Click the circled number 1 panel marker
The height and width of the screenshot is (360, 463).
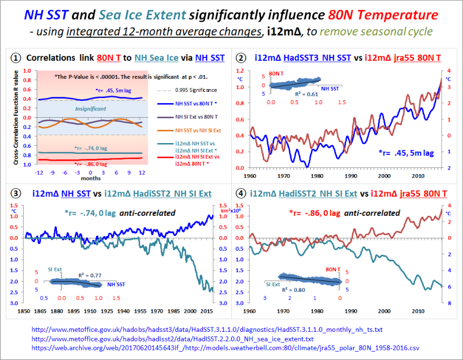click(x=16, y=57)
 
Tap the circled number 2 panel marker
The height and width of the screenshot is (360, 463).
click(x=241, y=57)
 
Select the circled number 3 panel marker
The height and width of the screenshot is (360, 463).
click(x=16, y=193)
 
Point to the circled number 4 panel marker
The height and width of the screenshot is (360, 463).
click(x=241, y=193)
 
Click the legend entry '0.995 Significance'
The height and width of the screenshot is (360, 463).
click(x=179, y=90)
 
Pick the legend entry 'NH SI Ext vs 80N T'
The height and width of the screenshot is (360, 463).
click(x=180, y=117)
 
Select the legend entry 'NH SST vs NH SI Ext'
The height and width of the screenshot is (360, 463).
click(x=182, y=131)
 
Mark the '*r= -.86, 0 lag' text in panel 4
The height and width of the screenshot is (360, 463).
click(x=314, y=213)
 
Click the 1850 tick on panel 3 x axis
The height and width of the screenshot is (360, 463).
click(x=24, y=311)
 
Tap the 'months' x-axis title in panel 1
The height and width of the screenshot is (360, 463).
click(x=87, y=177)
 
